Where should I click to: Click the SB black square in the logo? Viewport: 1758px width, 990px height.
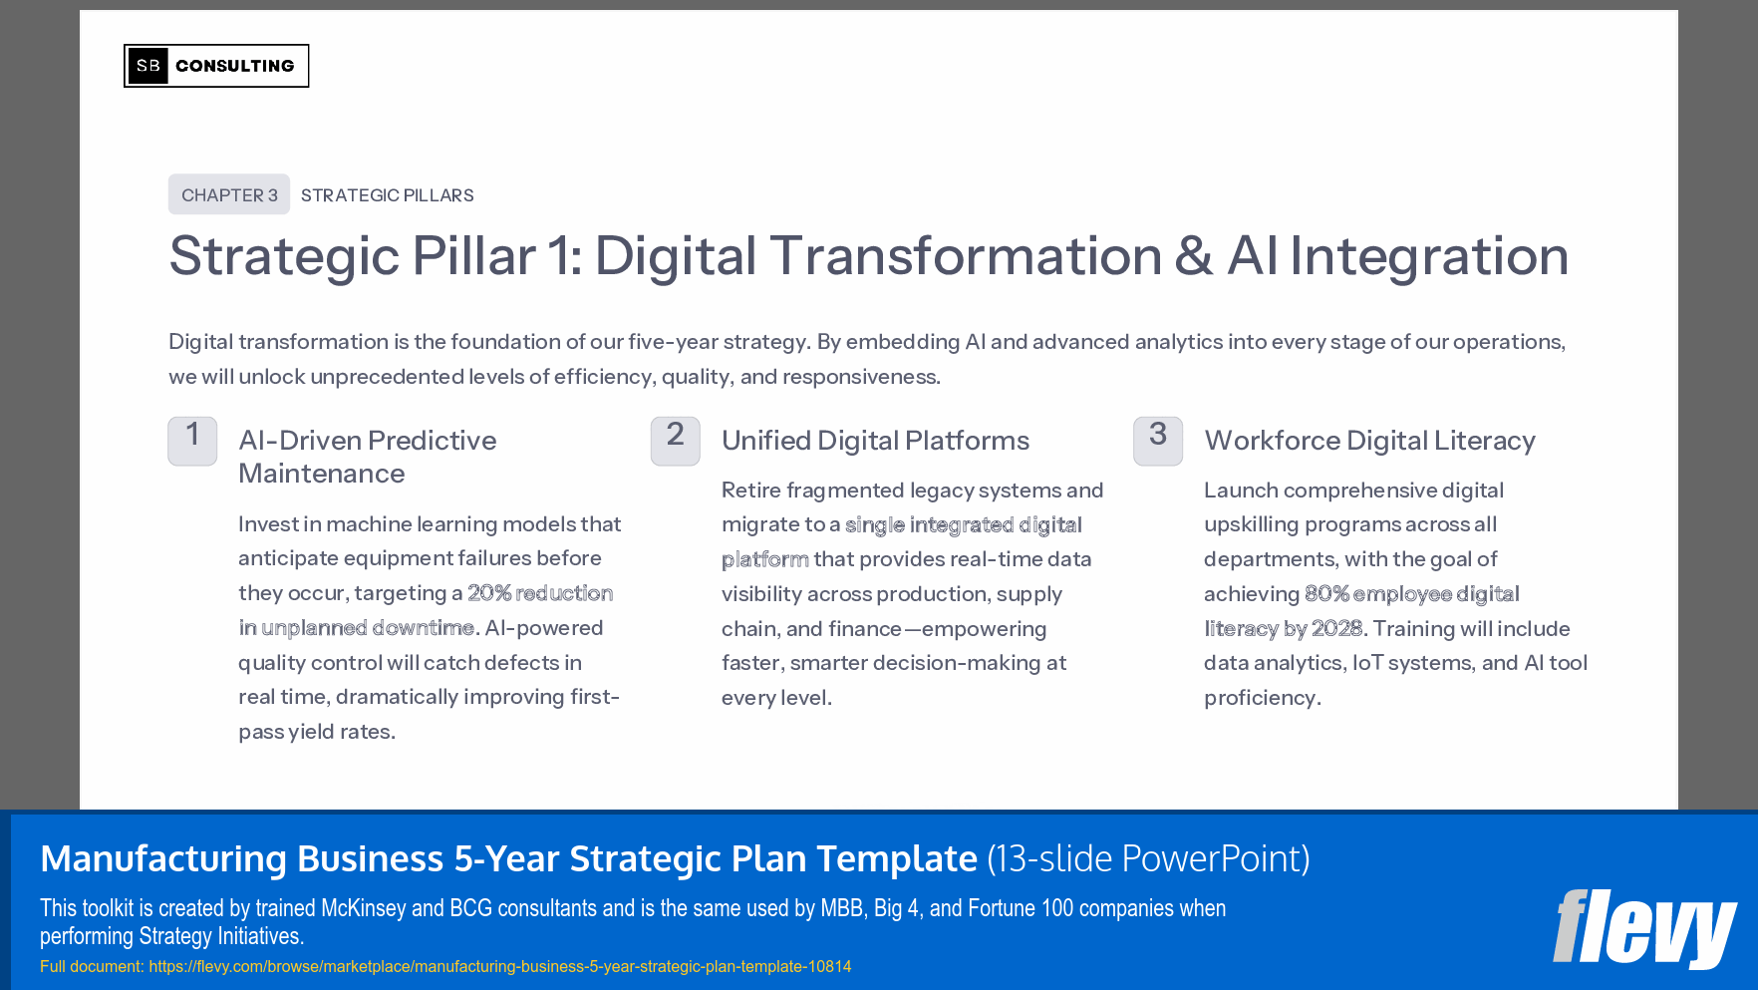click(147, 66)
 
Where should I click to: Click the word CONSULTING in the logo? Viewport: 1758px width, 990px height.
click(235, 66)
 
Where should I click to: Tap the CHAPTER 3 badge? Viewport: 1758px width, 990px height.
click(229, 194)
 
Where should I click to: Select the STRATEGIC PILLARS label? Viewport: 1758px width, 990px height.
click(387, 195)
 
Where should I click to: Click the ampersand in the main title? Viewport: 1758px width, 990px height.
click(1193, 256)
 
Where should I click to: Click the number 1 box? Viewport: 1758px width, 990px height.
click(192, 440)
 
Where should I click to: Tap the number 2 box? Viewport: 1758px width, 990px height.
click(675, 440)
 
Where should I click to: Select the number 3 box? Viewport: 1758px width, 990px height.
click(1157, 440)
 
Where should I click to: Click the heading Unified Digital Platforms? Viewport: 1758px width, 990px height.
click(875, 441)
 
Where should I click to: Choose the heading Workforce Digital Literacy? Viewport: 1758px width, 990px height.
click(1369, 441)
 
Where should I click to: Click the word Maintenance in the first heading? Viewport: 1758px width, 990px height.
click(321, 474)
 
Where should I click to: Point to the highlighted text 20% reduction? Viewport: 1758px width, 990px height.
click(540, 593)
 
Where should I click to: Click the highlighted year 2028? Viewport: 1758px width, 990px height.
click(1336, 629)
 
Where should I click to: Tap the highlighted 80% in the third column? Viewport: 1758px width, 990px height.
click(1326, 594)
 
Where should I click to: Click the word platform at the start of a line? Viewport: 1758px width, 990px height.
click(764, 559)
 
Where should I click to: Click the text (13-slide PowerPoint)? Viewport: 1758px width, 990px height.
click(1148, 858)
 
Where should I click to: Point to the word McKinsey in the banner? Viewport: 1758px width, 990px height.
click(364, 908)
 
